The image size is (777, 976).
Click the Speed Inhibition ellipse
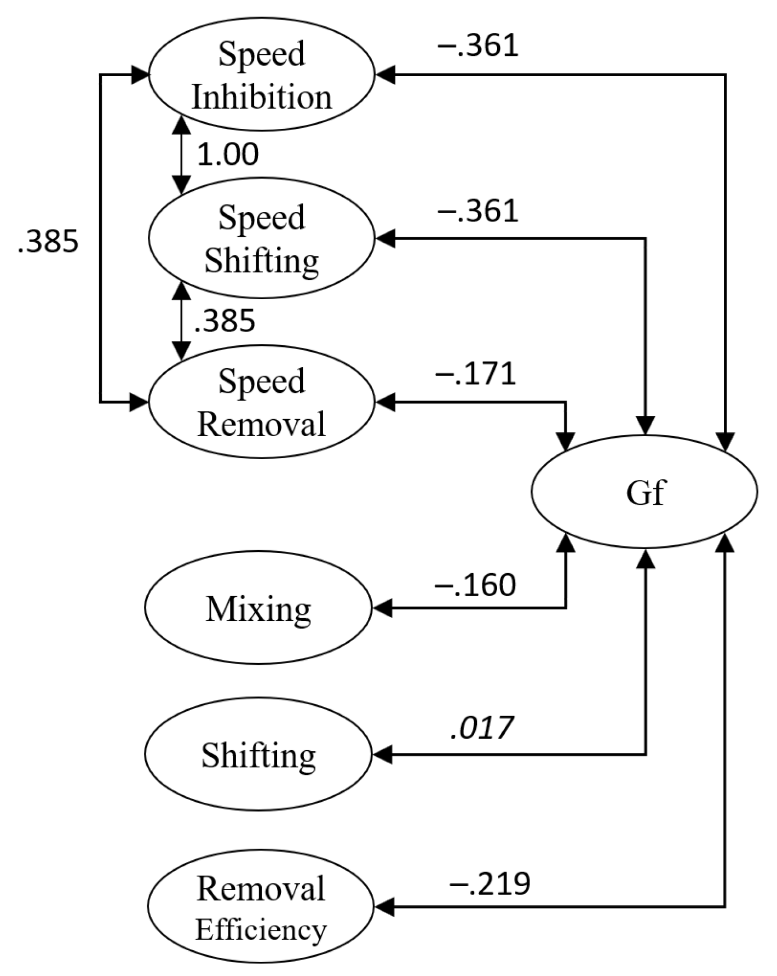click(261, 75)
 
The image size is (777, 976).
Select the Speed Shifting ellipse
click(261, 238)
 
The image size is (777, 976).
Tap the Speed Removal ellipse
click(261, 402)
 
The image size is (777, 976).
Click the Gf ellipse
click(644, 492)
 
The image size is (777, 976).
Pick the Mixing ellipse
click(258, 608)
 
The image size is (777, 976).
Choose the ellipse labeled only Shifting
click(258, 754)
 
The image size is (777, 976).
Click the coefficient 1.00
click(228, 154)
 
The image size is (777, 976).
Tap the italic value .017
click(481, 728)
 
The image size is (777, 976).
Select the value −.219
click(490, 883)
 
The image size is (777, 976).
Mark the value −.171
click(475, 374)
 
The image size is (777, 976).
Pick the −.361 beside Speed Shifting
click(477, 211)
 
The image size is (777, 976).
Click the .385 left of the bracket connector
click(48, 241)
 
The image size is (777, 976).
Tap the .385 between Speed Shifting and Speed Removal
click(225, 321)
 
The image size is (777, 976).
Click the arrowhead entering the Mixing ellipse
click(382, 608)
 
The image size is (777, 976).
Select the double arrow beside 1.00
click(181, 154)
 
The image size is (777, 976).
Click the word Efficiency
click(261, 929)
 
